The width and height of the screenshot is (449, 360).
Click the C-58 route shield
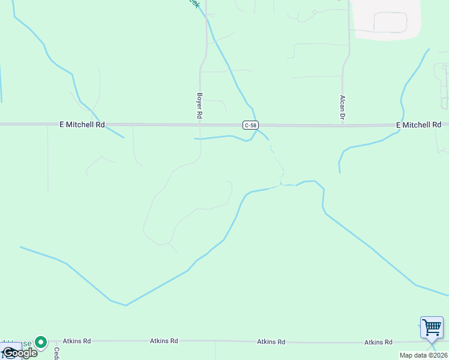click(251, 125)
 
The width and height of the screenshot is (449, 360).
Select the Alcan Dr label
click(342, 107)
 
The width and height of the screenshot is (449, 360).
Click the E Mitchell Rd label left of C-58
click(82, 125)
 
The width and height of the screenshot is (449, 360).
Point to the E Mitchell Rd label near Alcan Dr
click(419, 125)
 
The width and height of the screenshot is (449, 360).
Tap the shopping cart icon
click(432, 328)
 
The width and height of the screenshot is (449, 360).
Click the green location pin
click(41, 342)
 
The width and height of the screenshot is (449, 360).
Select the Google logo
click(19, 353)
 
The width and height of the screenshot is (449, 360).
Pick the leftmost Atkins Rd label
click(78, 341)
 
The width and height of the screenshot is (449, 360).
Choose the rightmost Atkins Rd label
click(378, 342)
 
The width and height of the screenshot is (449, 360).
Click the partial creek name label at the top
click(193, 3)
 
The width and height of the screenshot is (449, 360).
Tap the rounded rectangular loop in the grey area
click(390, 22)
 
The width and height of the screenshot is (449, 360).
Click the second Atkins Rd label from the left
click(164, 341)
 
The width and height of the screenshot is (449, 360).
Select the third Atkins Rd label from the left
click(271, 341)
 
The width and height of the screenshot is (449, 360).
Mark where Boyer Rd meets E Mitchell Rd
click(200, 125)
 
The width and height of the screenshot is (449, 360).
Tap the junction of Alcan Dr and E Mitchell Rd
click(342, 125)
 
